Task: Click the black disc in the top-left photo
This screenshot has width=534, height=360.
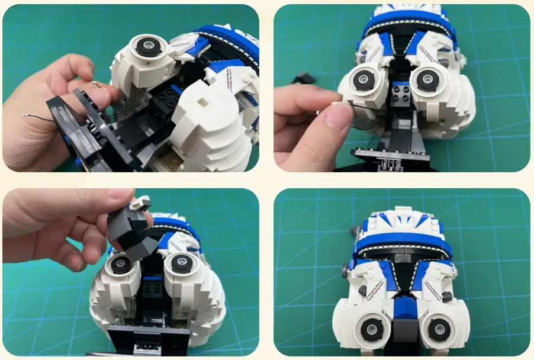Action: pyautogui.click(x=146, y=46)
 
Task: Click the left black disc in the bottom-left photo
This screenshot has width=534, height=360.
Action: pyautogui.click(x=121, y=264)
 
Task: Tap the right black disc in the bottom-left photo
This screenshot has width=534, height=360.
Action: pyautogui.click(x=179, y=264)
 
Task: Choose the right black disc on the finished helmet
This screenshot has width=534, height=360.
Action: pyautogui.click(x=439, y=328)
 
